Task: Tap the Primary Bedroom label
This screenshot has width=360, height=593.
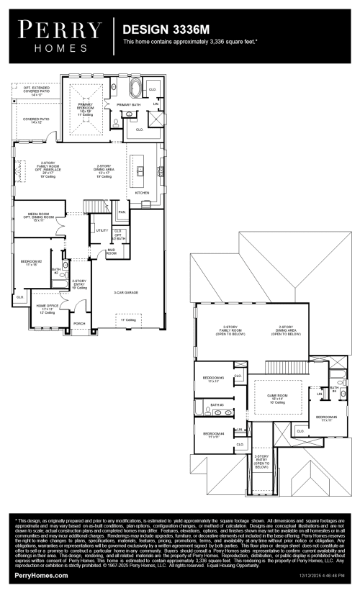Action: tap(86, 108)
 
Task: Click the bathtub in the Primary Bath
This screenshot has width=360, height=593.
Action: tap(135, 91)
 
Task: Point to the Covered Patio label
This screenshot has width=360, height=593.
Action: tap(35, 120)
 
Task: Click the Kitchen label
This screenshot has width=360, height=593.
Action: tap(143, 193)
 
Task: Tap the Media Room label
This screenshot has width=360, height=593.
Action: tap(39, 215)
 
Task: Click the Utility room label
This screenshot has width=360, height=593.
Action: tap(102, 230)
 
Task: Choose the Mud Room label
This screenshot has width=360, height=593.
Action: tap(112, 253)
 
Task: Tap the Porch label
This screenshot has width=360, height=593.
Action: tap(80, 323)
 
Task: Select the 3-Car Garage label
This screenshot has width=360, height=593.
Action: tap(126, 291)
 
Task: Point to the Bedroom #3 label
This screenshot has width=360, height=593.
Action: tap(213, 379)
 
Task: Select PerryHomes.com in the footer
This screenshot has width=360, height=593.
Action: tap(41, 576)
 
